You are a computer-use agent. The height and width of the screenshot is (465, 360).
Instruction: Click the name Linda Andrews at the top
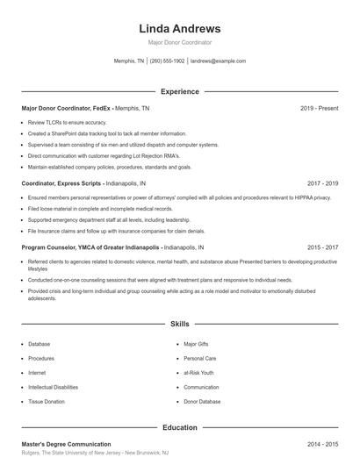click(180, 28)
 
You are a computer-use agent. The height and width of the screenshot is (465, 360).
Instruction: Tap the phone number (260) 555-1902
click(167, 61)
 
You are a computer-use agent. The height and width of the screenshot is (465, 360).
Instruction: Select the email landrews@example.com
click(218, 61)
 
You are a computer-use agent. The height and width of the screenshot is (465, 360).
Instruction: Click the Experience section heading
click(180, 91)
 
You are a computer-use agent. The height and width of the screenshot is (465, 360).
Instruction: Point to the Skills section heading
click(180, 324)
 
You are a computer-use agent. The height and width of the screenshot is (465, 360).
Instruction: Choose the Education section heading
click(180, 427)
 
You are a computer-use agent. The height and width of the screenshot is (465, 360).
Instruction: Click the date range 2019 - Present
click(319, 108)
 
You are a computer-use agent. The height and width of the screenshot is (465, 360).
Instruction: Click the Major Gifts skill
click(197, 344)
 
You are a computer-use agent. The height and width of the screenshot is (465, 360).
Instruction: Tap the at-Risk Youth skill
click(199, 373)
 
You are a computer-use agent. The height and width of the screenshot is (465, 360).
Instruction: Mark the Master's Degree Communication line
click(67, 444)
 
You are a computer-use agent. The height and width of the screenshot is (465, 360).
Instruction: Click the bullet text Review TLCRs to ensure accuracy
click(67, 122)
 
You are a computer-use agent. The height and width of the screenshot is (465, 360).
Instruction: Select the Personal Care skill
click(199, 358)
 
